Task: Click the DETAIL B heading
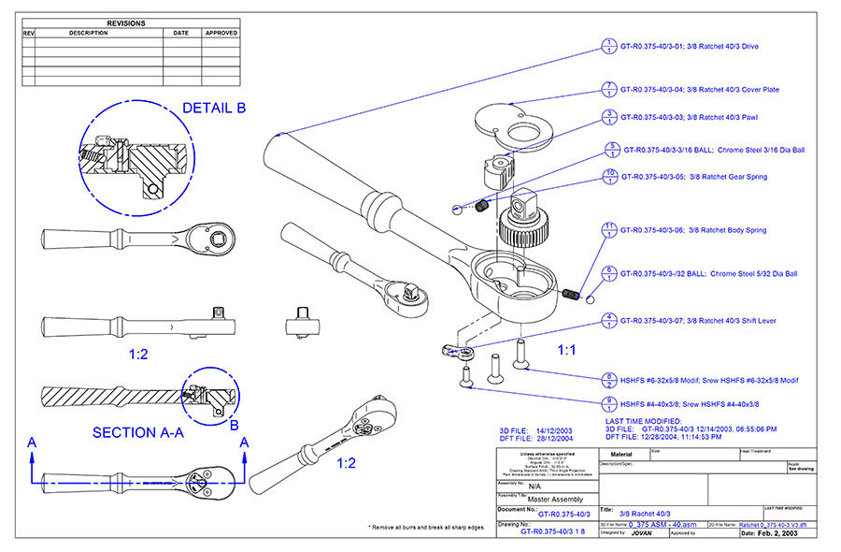click(x=214, y=109)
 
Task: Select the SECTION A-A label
click(x=136, y=432)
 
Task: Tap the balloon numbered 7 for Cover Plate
click(x=608, y=90)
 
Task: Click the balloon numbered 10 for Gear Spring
click(x=608, y=176)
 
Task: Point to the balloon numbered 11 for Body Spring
click(x=608, y=229)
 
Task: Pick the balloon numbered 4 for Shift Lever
click(x=608, y=321)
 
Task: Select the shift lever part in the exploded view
click(x=459, y=352)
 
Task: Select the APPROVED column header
click(x=221, y=33)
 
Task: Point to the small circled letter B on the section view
click(x=234, y=423)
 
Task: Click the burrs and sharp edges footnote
click(x=427, y=528)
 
